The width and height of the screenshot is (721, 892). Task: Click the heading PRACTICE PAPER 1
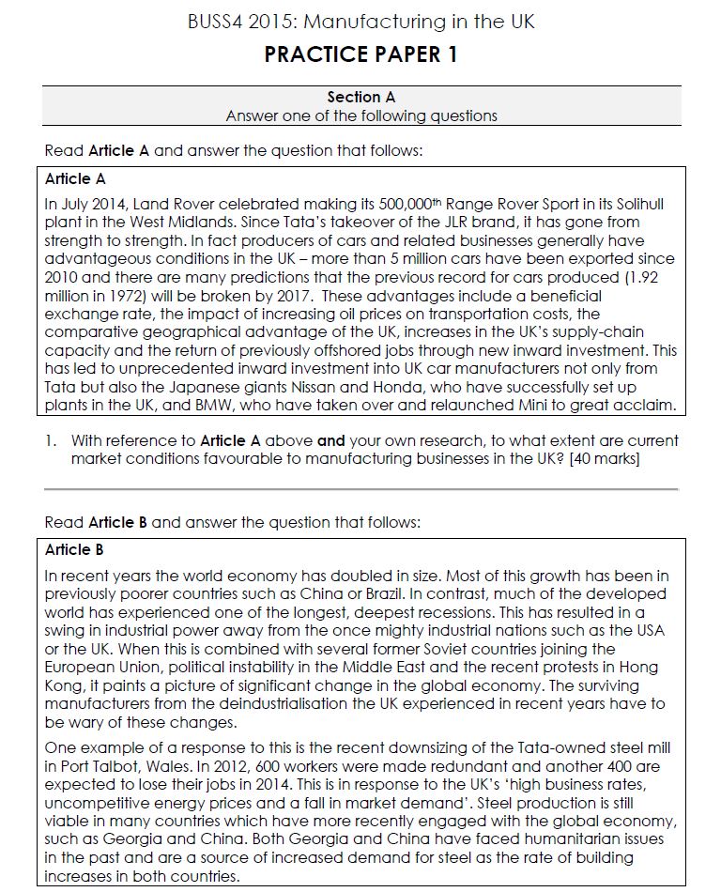[360, 54]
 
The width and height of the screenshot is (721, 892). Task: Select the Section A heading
[360, 97]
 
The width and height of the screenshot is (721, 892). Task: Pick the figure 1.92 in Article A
[653, 277]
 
